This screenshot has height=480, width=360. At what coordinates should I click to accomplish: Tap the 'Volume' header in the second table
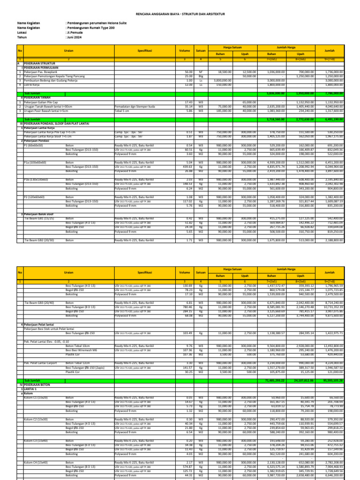[184, 272]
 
